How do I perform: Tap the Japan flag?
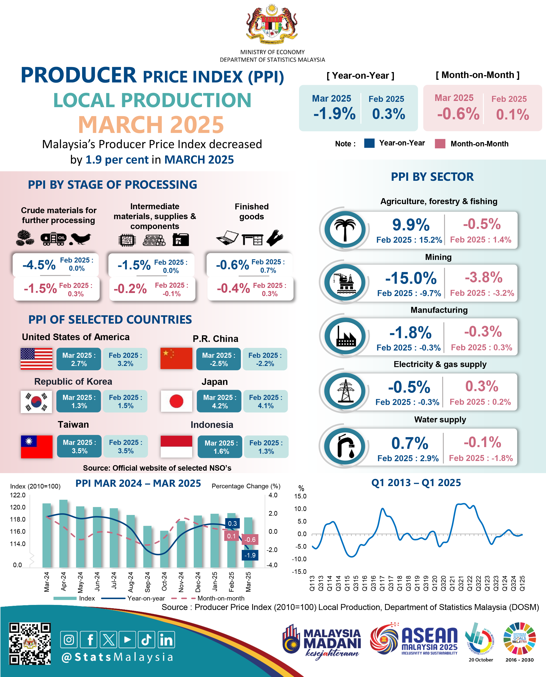(x=176, y=401)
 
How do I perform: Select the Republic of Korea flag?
(x=36, y=401)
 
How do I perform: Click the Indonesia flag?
(x=176, y=446)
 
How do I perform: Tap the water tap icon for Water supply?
(x=345, y=446)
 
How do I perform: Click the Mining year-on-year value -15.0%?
(x=411, y=278)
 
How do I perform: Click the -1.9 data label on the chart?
(x=250, y=555)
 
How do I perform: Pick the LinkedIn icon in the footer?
(x=166, y=640)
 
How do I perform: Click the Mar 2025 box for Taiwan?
(x=79, y=446)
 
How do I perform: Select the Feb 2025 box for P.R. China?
(x=265, y=359)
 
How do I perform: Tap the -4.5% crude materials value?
(x=39, y=265)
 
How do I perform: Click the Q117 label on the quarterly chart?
(x=382, y=583)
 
